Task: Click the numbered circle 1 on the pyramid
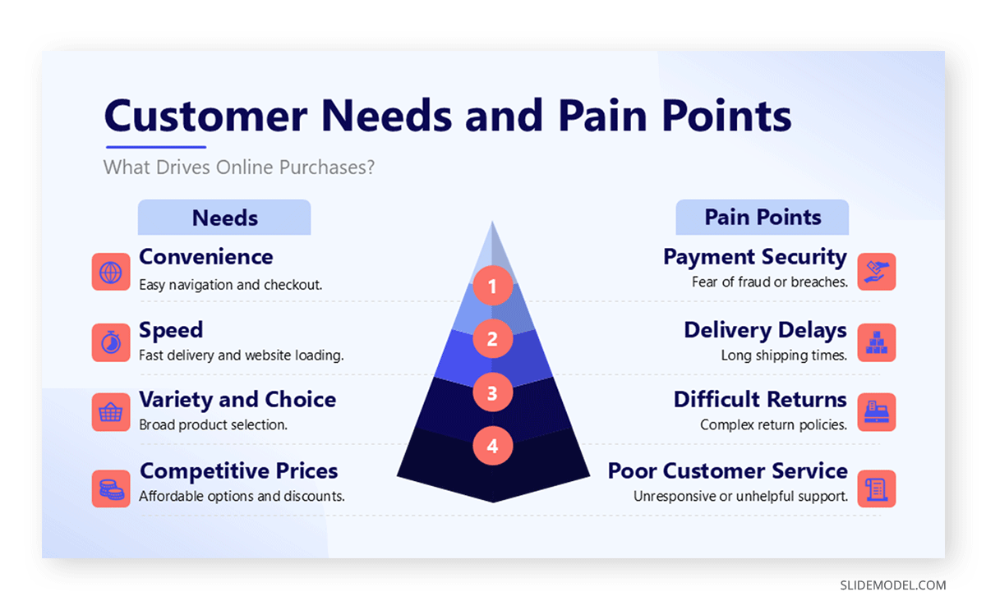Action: (x=492, y=286)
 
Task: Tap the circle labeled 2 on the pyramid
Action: (x=492, y=338)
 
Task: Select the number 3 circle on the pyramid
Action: (x=492, y=392)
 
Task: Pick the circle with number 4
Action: (x=492, y=446)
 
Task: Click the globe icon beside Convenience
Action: (x=111, y=272)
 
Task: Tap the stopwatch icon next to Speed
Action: (x=111, y=342)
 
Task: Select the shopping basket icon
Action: (x=111, y=412)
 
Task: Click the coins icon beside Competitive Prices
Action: (x=111, y=488)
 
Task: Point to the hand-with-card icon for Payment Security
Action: (x=877, y=272)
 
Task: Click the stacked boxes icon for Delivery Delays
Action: (x=877, y=342)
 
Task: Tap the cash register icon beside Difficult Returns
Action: (x=877, y=412)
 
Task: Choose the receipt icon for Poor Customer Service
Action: (x=877, y=488)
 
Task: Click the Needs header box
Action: (x=224, y=218)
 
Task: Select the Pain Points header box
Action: (x=763, y=218)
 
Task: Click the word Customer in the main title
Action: (x=205, y=116)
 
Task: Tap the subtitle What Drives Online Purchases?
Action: (x=239, y=167)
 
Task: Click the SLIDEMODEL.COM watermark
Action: (x=892, y=585)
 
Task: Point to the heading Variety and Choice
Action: (x=237, y=399)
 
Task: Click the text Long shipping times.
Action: (x=784, y=355)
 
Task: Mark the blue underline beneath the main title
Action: (x=156, y=147)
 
